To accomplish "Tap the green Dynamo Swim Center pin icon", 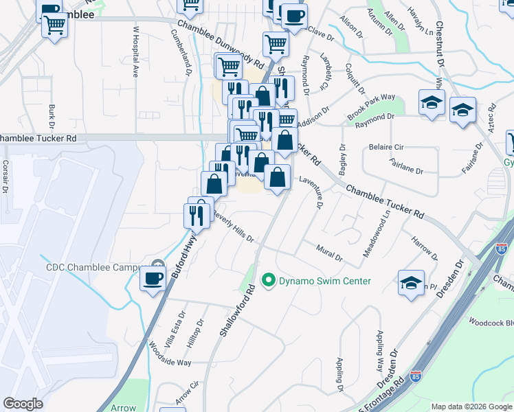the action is [269, 281].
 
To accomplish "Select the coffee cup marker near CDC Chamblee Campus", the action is [152, 279].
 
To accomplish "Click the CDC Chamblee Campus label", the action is [93, 267].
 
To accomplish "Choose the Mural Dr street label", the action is [329, 253].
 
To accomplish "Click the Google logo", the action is [23, 404].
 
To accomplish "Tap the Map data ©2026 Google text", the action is [471, 407].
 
